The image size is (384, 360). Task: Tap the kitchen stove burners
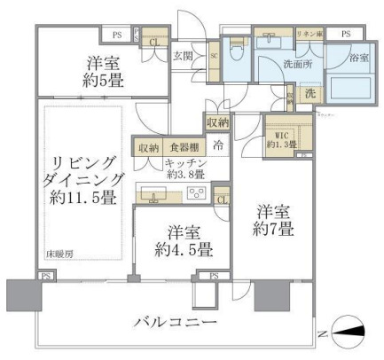(196, 193)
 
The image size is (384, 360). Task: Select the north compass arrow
(354, 330)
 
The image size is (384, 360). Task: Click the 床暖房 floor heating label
(59, 254)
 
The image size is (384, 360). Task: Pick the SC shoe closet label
(214, 54)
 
